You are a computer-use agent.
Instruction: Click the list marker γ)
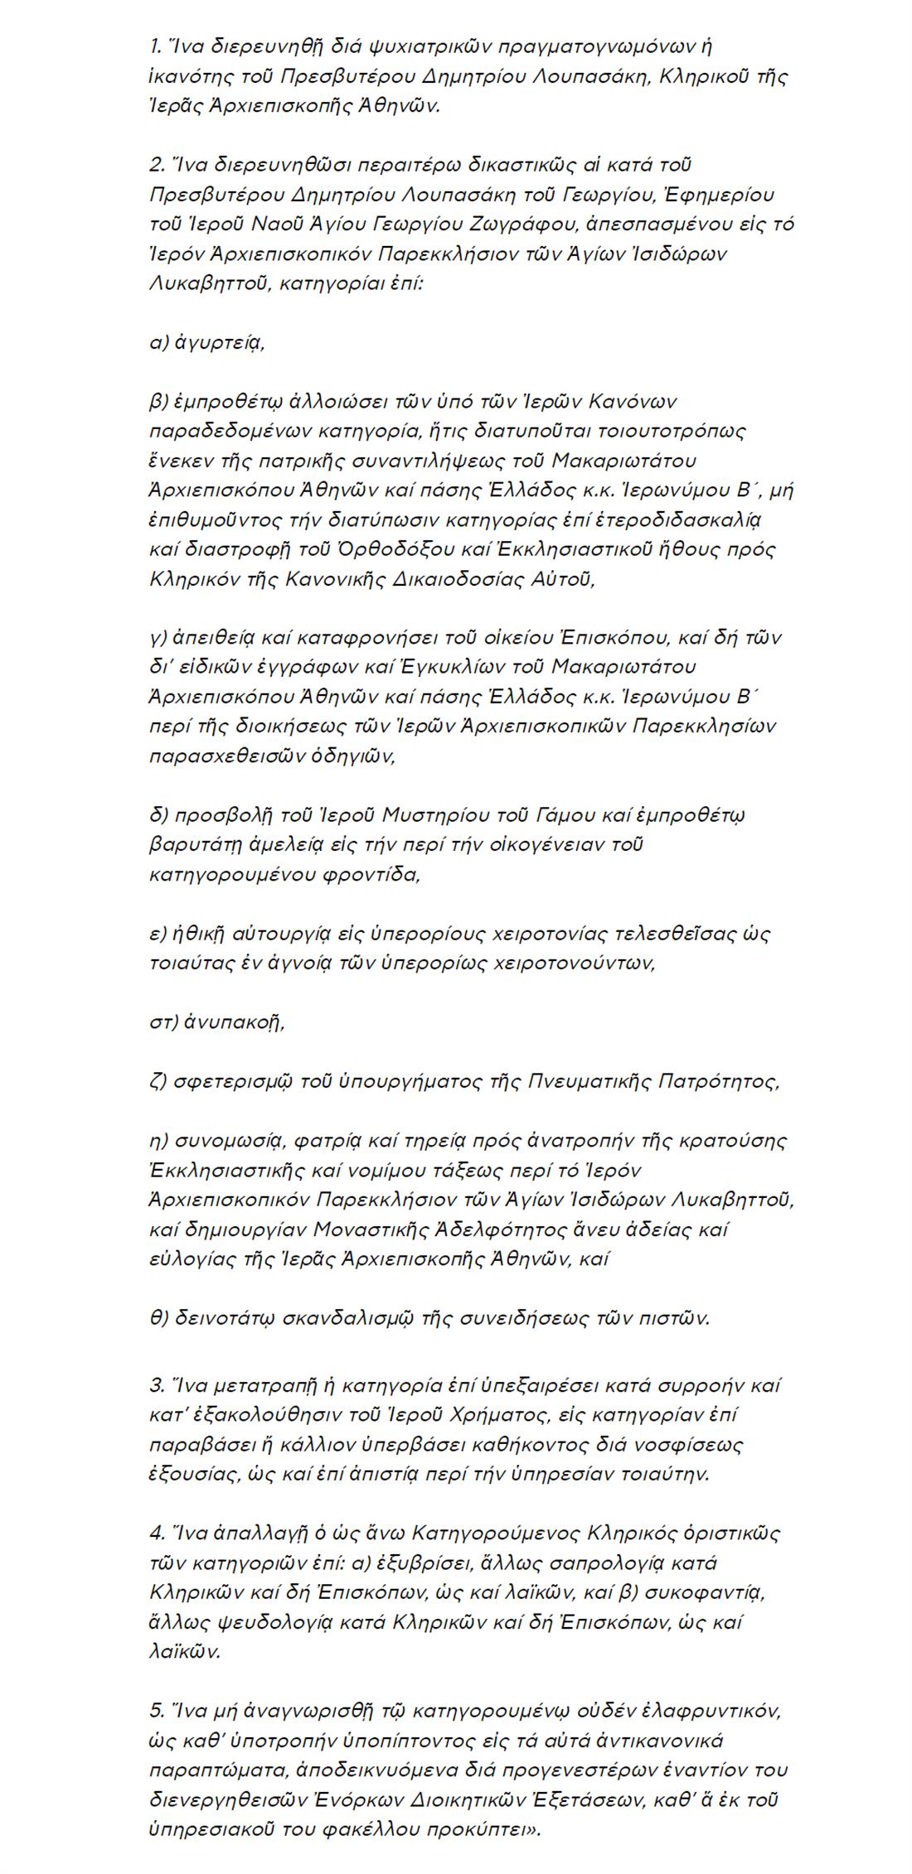pyautogui.click(x=158, y=639)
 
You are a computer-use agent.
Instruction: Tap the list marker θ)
pyautogui.click(x=158, y=1319)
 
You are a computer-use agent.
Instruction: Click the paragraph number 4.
pyautogui.click(x=156, y=1533)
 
